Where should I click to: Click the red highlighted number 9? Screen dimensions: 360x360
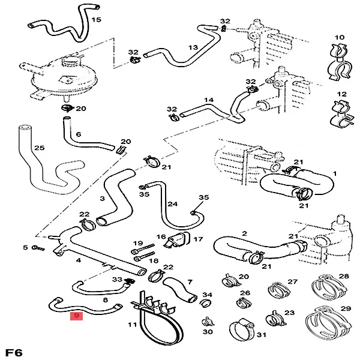coord(76,315)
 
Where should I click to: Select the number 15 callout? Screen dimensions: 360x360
coord(96,20)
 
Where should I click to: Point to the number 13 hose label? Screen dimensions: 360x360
coord(193,47)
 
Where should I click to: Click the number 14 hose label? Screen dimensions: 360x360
coord(209,100)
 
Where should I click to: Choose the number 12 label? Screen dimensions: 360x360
coord(342,94)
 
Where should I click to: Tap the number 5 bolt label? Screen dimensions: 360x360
coord(25,247)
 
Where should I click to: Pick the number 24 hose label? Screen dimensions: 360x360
coord(173,205)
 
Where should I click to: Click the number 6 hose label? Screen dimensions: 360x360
coord(78,134)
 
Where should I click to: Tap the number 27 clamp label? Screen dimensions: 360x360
coord(292,281)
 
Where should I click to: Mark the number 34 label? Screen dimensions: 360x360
coord(207,295)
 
